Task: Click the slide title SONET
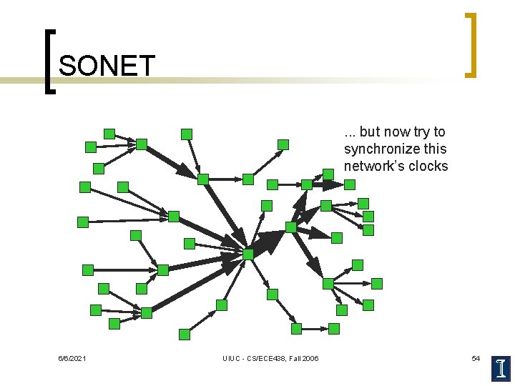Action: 107,66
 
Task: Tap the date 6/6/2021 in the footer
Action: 72,358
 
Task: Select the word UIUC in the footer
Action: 232,358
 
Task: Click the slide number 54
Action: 476,357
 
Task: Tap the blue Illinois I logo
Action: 501,367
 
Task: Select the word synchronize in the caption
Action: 379,149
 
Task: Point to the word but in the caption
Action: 370,132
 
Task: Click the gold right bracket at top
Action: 470,44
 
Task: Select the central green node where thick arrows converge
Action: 248,254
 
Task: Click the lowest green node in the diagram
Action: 185,334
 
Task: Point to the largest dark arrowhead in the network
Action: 270,242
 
